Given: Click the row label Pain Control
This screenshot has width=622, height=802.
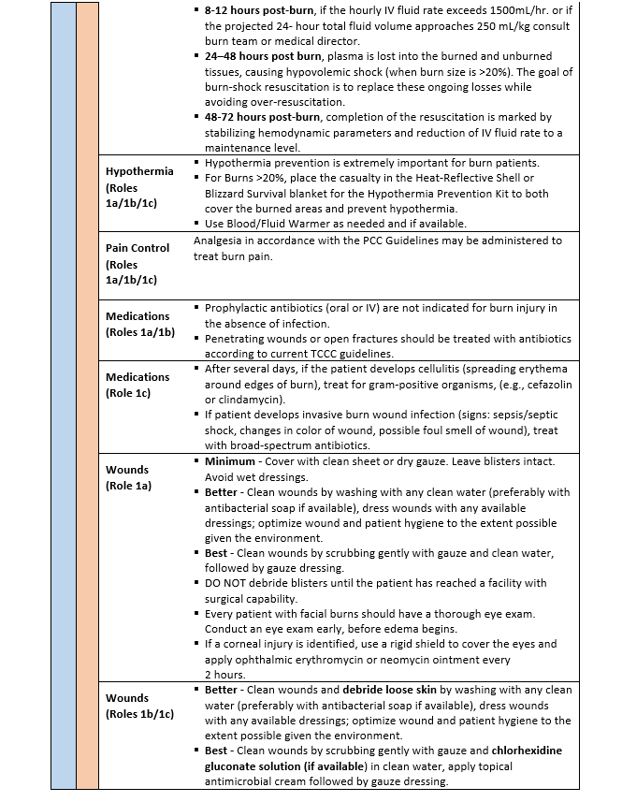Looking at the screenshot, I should [x=137, y=248].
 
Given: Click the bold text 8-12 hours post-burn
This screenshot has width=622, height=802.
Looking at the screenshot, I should [x=263, y=8].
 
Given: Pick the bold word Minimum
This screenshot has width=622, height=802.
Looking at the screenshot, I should [x=233, y=462].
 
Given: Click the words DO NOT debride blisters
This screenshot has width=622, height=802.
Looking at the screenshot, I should [x=265, y=583].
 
